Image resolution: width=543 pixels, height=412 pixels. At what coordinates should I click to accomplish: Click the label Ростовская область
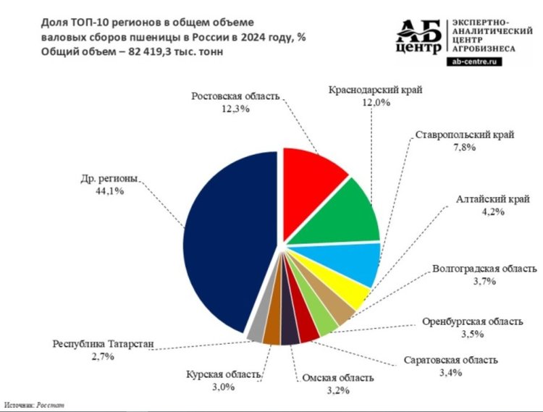(x=235, y=96)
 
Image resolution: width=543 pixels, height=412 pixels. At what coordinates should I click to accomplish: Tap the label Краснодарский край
(x=375, y=90)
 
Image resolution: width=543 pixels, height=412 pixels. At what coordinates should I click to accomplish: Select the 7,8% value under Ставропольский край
(x=464, y=148)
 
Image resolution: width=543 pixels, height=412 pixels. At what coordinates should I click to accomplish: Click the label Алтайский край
(x=492, y=199)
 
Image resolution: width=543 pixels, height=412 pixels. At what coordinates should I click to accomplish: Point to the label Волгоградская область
(x=484, y=269)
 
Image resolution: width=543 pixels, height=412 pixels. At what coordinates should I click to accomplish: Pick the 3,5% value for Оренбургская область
(x=472, y=334)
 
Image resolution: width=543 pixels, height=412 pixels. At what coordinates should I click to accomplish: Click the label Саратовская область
(x=450, y=360)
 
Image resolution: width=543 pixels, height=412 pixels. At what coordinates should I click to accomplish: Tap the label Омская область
(x=338, y=378)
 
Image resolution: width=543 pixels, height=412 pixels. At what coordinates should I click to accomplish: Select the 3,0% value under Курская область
(x=224, y=387)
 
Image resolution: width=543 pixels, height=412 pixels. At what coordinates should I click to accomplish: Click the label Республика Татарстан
(x=103, y=344)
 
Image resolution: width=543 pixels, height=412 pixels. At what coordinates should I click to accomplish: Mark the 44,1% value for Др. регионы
(x=109, y=190)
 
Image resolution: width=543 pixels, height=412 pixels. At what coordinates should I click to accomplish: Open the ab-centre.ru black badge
(x=474, y=62)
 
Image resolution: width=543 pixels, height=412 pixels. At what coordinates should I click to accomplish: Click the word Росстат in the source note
(x=51, y=405)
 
